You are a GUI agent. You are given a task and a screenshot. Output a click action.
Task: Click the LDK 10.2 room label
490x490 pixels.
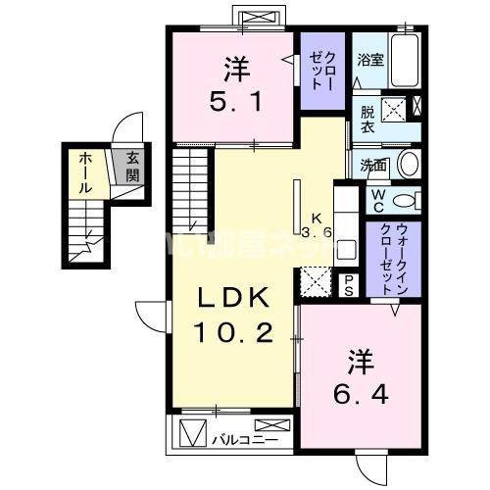235,315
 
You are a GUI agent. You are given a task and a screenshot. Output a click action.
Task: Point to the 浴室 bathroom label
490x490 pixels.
369,60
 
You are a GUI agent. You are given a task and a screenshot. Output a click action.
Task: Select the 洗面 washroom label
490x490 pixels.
371,165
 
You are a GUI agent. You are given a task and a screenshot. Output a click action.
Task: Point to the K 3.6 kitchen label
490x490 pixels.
317,225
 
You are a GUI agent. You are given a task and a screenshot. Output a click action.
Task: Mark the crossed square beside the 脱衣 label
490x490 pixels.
394,109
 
